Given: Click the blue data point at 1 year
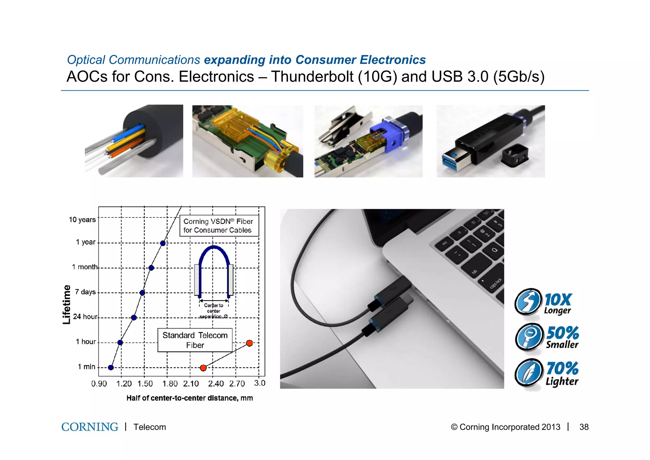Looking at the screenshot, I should (x=163, y=243).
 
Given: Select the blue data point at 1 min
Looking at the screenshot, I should (x=111, y=367).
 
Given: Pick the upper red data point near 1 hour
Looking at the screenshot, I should (x=249, y=343).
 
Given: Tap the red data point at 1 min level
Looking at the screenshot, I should (x=203, y=368).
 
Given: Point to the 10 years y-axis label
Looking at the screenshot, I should (x=82, y=220).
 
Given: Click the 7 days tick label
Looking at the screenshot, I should (x=85, y=292).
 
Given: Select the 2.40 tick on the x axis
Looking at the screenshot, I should (x=216, y=384).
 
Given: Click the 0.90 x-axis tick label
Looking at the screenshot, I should (x=99, y=384).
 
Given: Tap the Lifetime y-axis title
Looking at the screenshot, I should (x=66, y=305).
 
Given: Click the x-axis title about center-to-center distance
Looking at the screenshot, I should (x=189, y=398).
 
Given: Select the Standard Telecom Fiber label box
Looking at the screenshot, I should (x=195, y=340).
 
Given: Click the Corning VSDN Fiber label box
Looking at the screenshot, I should (x=219, y=226).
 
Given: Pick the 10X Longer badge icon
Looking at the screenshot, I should (x=528, y=301).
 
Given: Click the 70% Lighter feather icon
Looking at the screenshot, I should (x=528, y=372).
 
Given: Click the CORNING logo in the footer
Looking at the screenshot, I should (x=90, y=427).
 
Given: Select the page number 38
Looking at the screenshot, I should (x=584, y=427).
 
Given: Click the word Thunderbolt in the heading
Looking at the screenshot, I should (x=312, y=77).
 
